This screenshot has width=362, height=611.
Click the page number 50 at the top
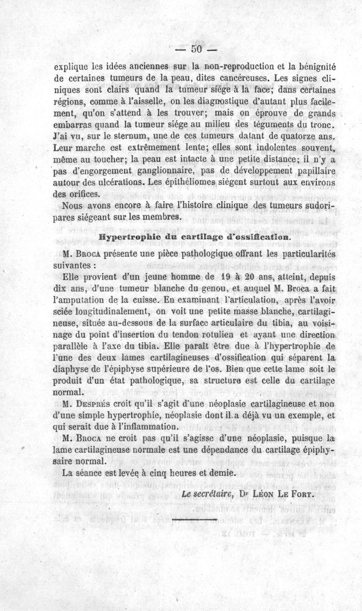coord(198,48)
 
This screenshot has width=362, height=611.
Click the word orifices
coord(85,194)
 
